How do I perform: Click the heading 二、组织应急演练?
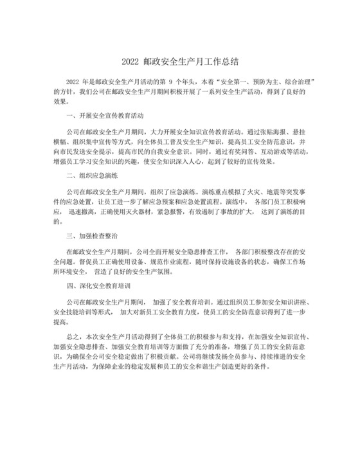[93, 175]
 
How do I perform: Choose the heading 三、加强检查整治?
[93, 235]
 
